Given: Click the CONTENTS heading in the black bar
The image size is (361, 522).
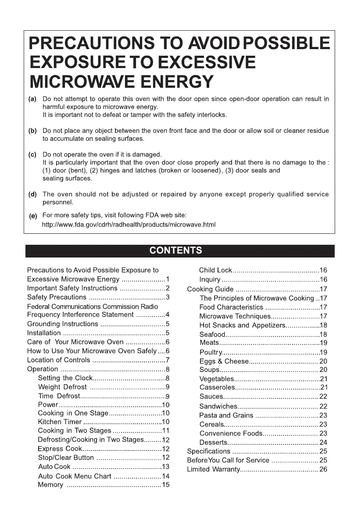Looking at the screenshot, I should point(176,251).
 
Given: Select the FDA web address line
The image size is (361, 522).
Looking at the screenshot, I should point(129,225).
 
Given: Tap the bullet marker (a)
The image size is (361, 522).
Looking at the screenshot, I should point(32,99).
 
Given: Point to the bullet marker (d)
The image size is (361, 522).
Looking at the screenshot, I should point(32,194).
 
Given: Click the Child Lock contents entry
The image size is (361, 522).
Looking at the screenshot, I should point(215,270).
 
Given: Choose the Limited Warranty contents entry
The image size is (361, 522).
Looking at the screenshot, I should point(214,469).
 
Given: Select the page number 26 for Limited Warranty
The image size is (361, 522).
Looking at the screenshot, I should point(323,469).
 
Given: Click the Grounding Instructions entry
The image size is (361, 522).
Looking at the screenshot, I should point(63,324).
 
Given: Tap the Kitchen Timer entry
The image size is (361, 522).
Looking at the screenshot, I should point(60,422).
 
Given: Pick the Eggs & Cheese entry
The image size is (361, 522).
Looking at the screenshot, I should point(224,361).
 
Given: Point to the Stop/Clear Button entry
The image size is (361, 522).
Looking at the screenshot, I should point(66,458).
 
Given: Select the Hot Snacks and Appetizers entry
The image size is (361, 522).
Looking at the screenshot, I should point(242,325).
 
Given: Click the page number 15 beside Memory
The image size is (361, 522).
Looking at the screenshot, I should point(166,485).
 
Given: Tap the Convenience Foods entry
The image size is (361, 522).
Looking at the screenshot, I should point(231,433).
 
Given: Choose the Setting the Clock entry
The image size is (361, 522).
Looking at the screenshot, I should point(65,378).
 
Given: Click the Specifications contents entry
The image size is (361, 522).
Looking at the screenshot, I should point(209,451).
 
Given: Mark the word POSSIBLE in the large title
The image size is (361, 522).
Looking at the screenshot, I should point(286,43).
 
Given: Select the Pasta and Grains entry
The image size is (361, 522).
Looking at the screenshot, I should point(226,415).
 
